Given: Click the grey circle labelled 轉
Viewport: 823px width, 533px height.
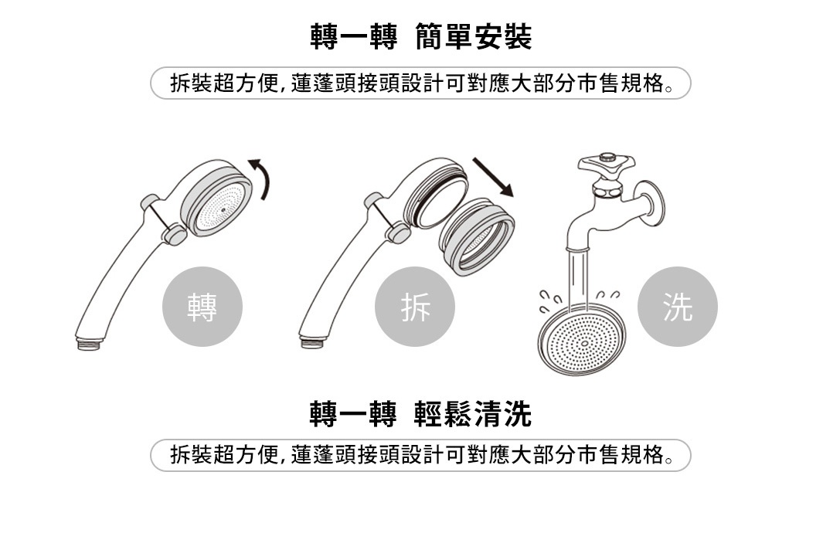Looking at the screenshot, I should click(x=202, y=307).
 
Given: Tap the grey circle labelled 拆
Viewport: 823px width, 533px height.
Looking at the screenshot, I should click(x=415, y=307).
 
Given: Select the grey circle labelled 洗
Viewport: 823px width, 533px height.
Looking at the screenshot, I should click(x=677, y=307).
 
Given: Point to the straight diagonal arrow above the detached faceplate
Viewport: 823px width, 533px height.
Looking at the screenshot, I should click(x=493, y=177).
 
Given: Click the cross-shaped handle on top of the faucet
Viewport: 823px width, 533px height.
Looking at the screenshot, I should click(x=606, y=164).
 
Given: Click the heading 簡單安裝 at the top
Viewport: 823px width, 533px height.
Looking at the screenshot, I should click(x=473, y=37).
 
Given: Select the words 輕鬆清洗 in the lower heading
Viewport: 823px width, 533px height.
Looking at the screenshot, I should click(x=473, y=414).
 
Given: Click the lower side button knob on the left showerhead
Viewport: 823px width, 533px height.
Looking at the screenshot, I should click(x=175, y=234).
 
